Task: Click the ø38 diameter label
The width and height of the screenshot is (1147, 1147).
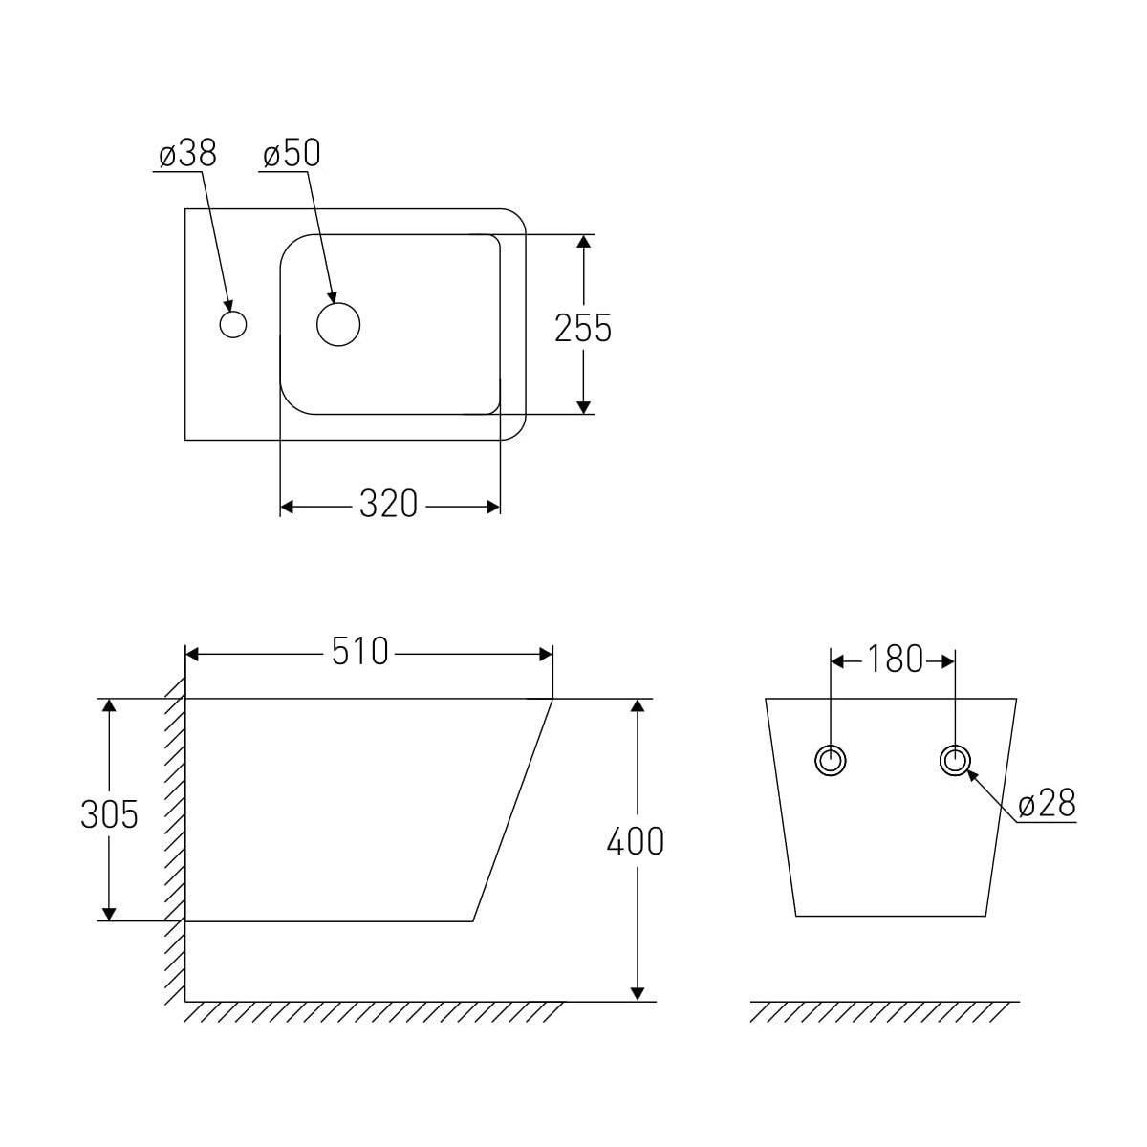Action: click(187, 154)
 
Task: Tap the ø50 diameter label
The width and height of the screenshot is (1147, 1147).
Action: click(292, 154)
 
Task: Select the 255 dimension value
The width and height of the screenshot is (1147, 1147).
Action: click(583, 328)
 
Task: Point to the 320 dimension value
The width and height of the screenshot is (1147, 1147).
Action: click(389, 504)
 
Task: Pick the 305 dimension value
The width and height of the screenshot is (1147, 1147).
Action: click(110, 814)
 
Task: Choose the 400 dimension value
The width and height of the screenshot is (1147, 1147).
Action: click(635, 842)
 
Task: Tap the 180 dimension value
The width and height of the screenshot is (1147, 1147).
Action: click(896, 659)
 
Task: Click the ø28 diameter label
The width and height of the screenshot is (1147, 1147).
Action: click(1048, 804)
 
